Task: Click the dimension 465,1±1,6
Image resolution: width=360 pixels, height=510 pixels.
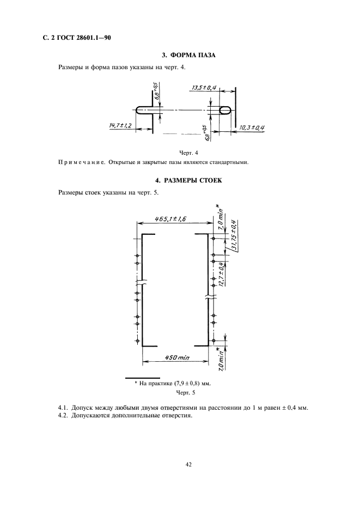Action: pos(170,219)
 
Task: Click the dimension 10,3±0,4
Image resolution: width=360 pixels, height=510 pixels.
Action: pos(252,127)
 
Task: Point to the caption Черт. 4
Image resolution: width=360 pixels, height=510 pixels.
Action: pos(188,153)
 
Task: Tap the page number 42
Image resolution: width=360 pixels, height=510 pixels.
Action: pos(188,464)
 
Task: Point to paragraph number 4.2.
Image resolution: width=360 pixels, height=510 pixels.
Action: pos(63,416)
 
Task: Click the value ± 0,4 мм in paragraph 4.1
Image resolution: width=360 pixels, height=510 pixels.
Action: pos(294,408)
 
